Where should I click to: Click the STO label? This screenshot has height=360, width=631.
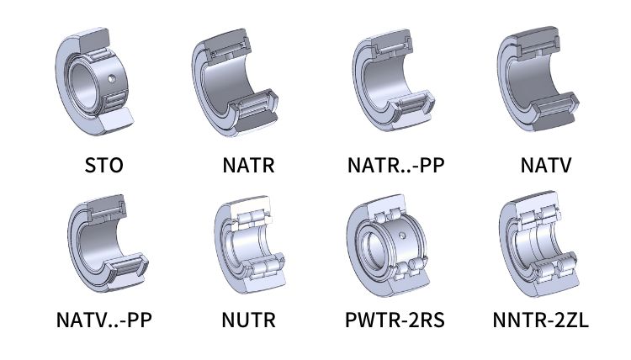(x=103, y=165)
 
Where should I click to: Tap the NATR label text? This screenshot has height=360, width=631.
(x=249, y=165)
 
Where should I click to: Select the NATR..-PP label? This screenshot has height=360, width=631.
(x=396, y=165)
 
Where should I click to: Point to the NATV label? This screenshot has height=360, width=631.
(x=546, y=165)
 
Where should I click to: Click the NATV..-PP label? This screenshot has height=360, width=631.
(x=104, y=320)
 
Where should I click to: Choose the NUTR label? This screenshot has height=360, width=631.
(x=249, y=320)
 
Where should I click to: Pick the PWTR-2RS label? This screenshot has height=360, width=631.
(x=395, y=320)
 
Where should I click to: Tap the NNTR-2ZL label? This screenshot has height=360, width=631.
(x=540, y=320)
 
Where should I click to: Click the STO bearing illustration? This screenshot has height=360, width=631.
(x=94, y=82)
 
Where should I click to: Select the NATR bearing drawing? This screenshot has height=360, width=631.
(x=235, y=82)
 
